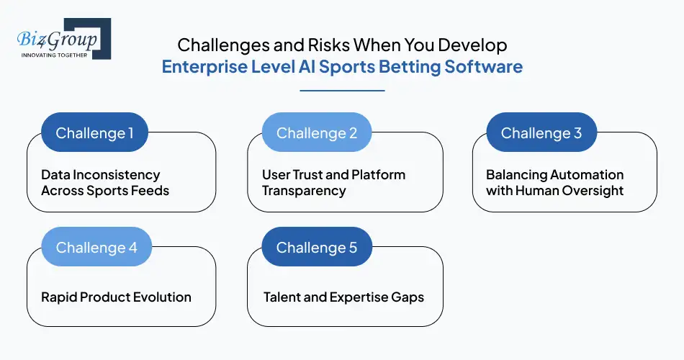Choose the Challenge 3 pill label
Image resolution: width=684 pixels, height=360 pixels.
pyautogui.click(x=541, y=133)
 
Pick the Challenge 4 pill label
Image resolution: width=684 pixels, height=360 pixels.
pyautogui.click(x=96, y=248)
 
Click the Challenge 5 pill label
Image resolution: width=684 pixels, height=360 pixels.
pyautogui.click(x=317, y=248)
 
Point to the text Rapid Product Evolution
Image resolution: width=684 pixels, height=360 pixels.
pyautogui.click(x=117, y=297)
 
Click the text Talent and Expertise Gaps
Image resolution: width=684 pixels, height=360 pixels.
pyautogui.click(x=343, y=297)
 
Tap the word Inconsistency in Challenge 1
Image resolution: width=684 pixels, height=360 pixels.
pyautogui.click(x=116, y=175)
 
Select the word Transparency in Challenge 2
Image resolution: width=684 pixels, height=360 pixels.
pyautogui.click(x=304, y=191)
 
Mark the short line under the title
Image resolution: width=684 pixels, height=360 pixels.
pyautogui.click(x=342, y=91)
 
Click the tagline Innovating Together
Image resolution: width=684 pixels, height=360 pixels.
pyautogui.click(x=54, y=55)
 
